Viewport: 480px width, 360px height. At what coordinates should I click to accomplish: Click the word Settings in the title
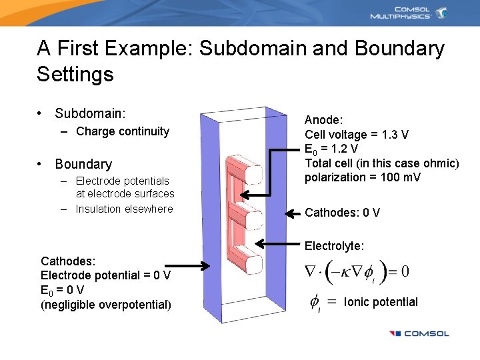click(75, 73)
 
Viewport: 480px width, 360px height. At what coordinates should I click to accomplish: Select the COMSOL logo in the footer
click(419, 333)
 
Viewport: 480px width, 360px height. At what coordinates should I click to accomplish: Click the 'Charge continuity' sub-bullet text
click(123, 131)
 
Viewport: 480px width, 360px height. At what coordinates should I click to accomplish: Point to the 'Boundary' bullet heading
click(83, 164)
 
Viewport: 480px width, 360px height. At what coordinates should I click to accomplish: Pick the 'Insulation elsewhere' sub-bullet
click(124, 209)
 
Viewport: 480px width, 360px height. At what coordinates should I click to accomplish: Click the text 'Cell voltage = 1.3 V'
click(357, 135)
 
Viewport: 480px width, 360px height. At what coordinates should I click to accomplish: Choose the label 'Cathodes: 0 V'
click(342, 213)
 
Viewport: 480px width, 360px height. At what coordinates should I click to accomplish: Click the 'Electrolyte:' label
click(335, 246)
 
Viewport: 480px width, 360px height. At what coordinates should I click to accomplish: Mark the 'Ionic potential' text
click(381, 302)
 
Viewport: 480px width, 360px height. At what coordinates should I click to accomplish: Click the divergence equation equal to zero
click(357, 271)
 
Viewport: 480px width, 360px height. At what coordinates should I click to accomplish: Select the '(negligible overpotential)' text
click(106, 305)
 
